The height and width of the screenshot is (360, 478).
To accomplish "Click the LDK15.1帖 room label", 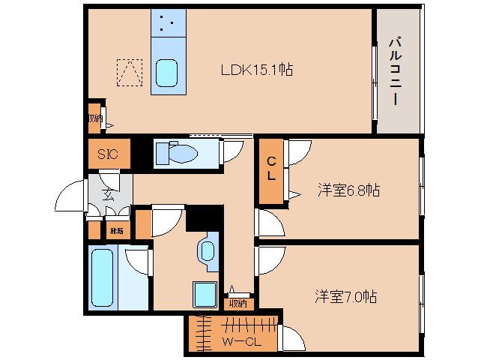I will tap(255, 70).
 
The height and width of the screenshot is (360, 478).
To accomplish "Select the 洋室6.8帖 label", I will tap(348, 190).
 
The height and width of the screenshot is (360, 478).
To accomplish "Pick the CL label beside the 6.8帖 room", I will tap(272, 169).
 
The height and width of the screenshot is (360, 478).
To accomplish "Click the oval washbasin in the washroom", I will tap(207, 249).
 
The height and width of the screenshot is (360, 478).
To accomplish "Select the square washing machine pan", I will tap(205, 294).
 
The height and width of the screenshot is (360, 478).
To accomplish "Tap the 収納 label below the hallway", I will tap(238, 304).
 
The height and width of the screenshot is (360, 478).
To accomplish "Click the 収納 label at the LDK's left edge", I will tap(94, 118).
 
